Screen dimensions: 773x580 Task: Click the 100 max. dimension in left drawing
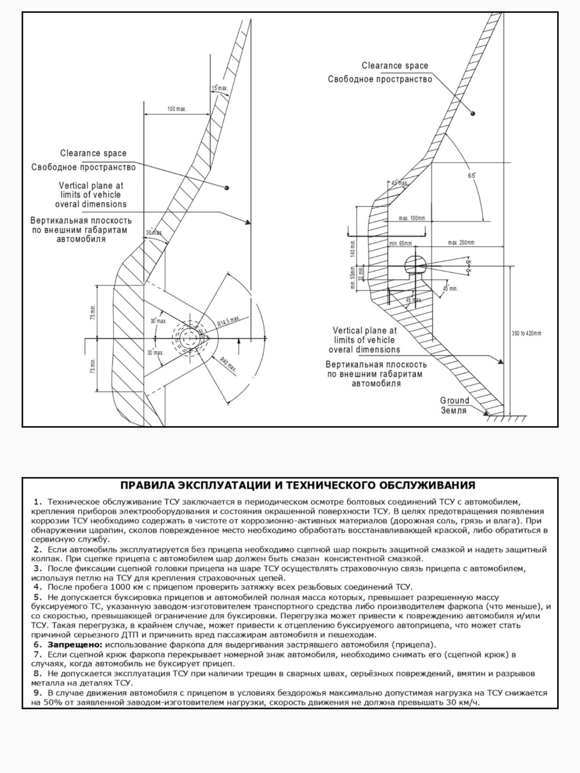[177, 109]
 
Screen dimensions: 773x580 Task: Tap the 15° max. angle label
[219, 88]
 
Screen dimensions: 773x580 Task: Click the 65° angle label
[472, 176]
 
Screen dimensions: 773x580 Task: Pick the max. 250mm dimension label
[461, 243]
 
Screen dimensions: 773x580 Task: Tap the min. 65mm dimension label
[401, 243]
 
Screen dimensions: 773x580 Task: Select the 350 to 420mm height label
[526, 333]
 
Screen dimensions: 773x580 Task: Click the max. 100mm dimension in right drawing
[412, 218]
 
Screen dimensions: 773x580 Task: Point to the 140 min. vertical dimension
[353, 248]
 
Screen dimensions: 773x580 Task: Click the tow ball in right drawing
[415, 264]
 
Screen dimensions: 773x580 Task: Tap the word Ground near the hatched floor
[454, 400]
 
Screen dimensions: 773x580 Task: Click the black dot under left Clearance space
[227, 188]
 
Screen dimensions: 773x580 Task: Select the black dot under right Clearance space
[473, 113]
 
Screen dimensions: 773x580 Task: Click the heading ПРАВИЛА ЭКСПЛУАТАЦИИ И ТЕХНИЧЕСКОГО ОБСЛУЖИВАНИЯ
[297, 485]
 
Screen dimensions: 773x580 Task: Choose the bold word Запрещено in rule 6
[75, 644]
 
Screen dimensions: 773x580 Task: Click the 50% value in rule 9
[52, 702]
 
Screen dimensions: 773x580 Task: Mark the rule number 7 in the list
[38, 654]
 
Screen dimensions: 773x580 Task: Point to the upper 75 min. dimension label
[93, 312]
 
